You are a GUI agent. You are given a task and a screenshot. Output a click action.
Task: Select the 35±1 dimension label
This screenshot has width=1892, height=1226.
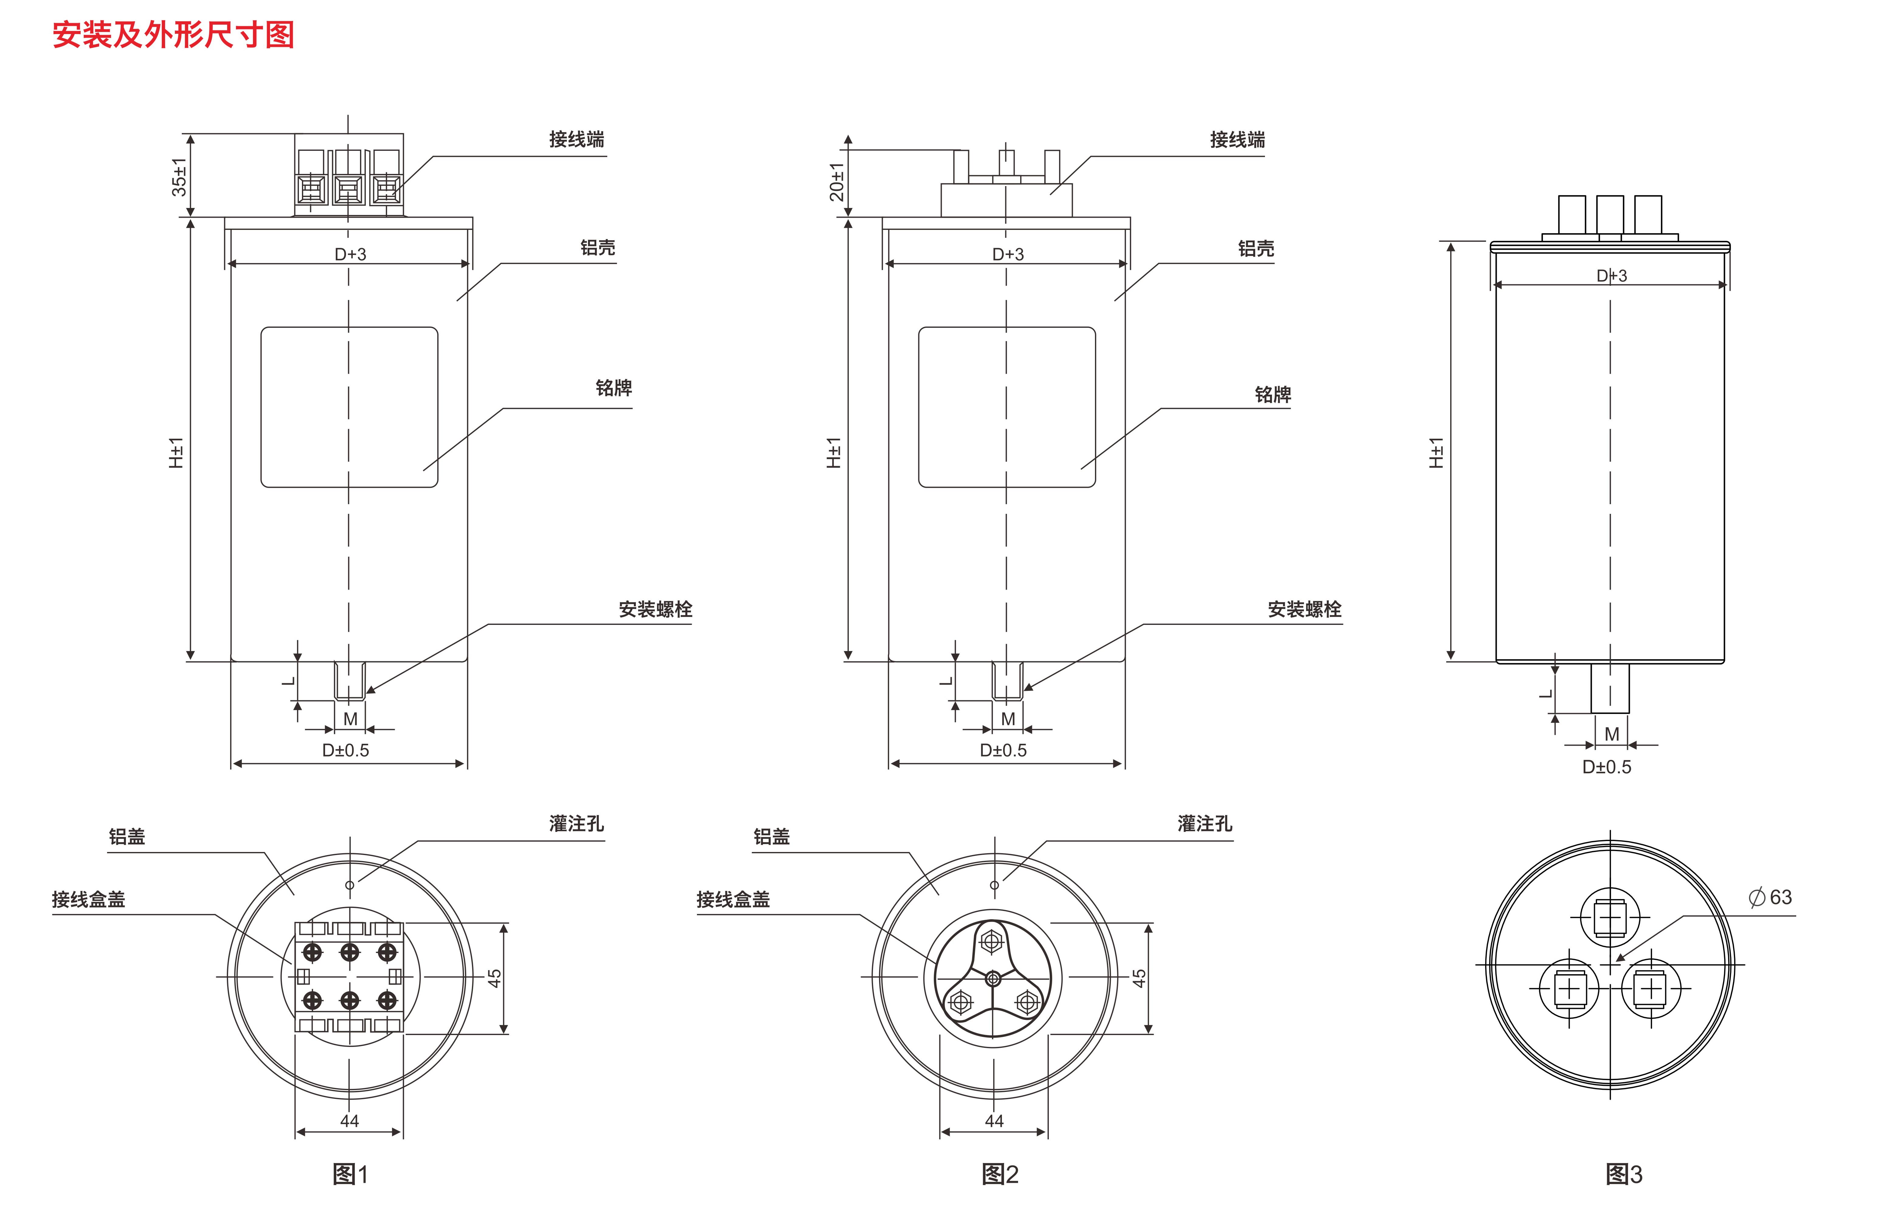[x=180, y=176]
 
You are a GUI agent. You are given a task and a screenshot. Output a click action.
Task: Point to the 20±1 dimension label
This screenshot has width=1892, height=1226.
[x=836, y=182]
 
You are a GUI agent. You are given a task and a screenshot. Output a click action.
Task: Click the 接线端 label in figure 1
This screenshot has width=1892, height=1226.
[x=576, y=140]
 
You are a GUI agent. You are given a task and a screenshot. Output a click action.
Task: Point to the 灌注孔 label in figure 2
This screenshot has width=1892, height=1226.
[x=1204, y=824]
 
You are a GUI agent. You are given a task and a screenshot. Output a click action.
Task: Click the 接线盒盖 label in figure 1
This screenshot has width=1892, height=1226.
[x=88, y=899]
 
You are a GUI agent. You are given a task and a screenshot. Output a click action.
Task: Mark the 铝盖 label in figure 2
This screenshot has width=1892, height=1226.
[x=771, y=836]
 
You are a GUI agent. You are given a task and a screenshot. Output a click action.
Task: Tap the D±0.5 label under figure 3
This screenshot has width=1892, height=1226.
[x=1606, y=767]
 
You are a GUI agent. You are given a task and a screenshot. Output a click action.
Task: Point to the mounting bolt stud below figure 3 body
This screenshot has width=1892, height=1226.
[x=1610, y=688]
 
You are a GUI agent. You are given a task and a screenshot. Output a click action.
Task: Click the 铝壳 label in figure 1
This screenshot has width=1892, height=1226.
[x=597, y=248]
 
